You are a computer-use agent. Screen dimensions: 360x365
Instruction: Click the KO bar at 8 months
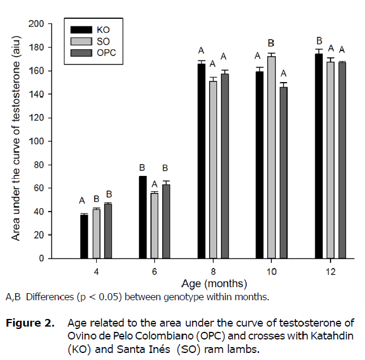pyautogui.click(x=202, y=161)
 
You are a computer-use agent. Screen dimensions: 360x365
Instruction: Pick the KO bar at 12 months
pyautogui.click(x=319, y=156)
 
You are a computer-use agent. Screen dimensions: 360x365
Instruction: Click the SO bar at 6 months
pyautogui.click(x=155, y=225)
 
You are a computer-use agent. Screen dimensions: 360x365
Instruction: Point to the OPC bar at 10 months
pyautogui.click(x=284, y=172)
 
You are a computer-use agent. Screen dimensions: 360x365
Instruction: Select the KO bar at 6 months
pyautogui.click(x=143, y=217)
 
